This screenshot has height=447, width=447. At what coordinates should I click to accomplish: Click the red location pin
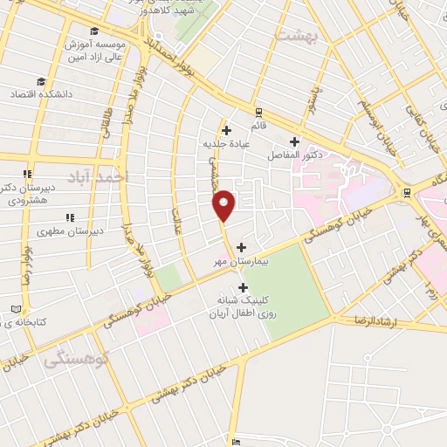pyautogui.click(x=224, y=204)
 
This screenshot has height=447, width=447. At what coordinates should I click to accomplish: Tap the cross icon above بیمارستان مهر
pyautogui.click(x=242, y=246)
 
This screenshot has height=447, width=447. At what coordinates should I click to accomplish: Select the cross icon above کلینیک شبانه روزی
pyautogui.click(x=242, y=286)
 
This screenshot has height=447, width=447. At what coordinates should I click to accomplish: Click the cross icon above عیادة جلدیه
pyautogui.click(x=225, y=130)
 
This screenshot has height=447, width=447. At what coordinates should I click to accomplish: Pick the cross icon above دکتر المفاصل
pyautogui.click(x=294, y=141)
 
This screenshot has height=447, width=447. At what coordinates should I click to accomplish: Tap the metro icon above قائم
pyautogui.click(x=258, y=111)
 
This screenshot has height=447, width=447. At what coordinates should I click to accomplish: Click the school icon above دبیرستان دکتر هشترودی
pyautogui.click(x=29, y=173)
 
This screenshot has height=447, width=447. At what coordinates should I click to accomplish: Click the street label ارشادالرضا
pyautogui.click(x=395, y=322)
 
